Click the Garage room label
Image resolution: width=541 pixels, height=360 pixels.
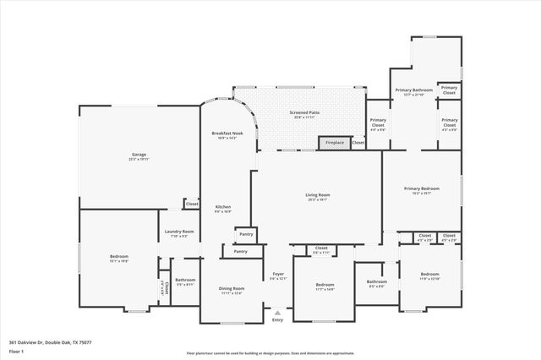pos(139,155)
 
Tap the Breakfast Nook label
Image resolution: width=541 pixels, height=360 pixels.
pos(227,134)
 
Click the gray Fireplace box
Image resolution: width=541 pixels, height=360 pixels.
pos(336,143)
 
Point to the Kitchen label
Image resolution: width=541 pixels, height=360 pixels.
pos(223,208)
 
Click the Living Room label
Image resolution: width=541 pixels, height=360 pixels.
pos(318,196)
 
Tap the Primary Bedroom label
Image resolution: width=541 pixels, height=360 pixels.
pos(422,190)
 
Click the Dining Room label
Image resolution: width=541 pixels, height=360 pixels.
pos(232,290)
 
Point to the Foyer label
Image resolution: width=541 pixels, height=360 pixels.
pos(278,275)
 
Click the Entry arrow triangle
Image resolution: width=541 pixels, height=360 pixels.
pos(278,311)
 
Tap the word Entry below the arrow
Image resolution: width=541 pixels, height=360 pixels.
pos(278,319)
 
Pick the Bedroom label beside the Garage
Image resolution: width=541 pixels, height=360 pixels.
pos(118,258)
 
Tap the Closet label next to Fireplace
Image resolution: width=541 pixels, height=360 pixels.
pos(358,143)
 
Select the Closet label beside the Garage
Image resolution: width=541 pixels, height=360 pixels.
pos(192,204)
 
